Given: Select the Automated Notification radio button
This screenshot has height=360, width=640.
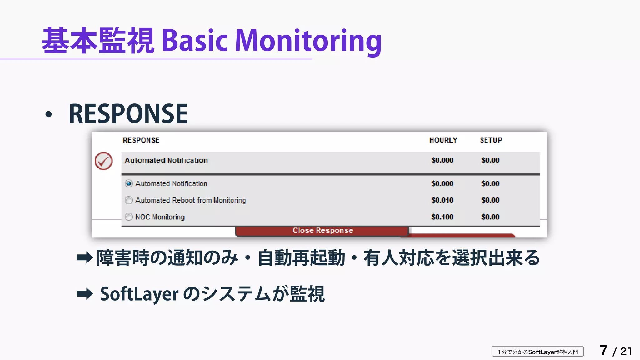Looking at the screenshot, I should pos(129,183).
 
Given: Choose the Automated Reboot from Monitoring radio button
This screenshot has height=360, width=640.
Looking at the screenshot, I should pos(129,200).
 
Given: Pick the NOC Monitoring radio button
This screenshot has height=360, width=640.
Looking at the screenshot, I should pos(129,217).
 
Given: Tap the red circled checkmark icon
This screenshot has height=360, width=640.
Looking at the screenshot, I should pos(104,161).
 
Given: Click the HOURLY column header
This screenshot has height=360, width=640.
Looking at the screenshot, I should pos(443,140).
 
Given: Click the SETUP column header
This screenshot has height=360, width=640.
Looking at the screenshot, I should pos(491,140).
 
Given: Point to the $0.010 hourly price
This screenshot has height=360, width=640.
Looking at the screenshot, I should pos(442,200).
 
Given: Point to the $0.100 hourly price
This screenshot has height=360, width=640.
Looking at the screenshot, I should pos(442,217).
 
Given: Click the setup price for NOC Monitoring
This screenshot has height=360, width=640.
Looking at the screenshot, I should pos(490,217).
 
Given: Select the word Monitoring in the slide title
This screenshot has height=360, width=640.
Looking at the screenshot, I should pos(308,41).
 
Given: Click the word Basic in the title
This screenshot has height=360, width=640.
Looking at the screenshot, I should pos(195,41).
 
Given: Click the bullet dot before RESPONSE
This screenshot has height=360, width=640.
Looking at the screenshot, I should pos(48,114).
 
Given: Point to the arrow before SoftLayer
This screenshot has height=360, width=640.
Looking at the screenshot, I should pos(85,294).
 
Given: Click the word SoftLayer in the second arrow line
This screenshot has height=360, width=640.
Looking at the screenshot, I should pos(139,294).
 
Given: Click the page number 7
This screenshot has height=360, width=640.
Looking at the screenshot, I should pos(603,350).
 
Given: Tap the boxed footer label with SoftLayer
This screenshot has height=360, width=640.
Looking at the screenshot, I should pos(538,352).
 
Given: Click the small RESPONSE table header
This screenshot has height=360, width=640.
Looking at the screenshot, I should pos(141,140).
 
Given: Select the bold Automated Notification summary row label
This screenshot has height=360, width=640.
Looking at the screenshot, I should pos(166,160).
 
